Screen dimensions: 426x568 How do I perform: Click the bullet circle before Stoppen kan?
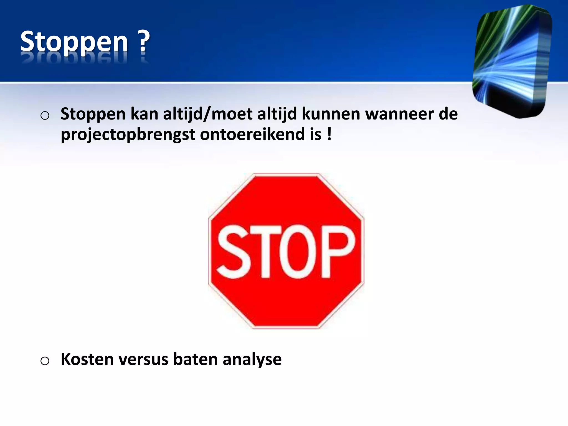click(45, 115)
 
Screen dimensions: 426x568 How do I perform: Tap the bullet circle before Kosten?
click(45, 361)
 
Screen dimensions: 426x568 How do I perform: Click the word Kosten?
click(87, 359)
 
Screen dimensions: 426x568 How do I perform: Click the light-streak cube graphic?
click(512, 61)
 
